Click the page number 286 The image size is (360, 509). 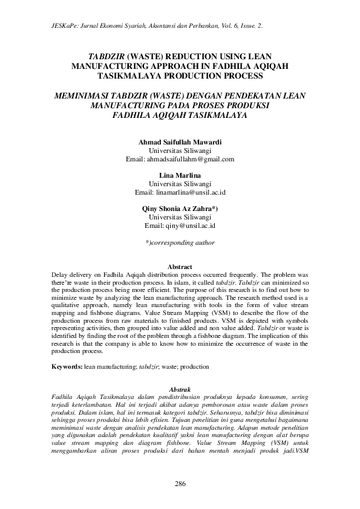pyautogui.click(x=180, y=484)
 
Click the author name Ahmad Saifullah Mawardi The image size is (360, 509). pyautogui.click(x=180, y=142)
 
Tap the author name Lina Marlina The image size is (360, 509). pyautogui.click(x=180, y=175)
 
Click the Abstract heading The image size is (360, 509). pyautogui.click(x=180, y=267)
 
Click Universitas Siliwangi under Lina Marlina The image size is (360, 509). pyautogui.click(x=180, y=184)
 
